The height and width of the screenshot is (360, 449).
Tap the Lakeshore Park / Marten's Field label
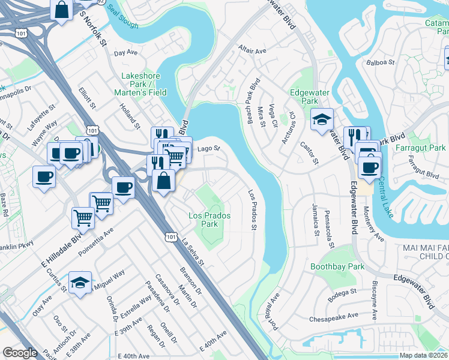[143, 85]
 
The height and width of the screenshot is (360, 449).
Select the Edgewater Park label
[312, 97]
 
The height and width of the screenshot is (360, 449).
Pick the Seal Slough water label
[123, 22]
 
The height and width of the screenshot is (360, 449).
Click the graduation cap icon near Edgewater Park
[322, 119]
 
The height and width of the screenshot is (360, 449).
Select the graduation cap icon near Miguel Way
[80, 282]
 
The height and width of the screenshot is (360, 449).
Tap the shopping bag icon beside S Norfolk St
[62, 10]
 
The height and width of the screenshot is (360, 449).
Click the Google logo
[20, 353]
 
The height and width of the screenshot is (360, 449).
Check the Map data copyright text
[421, 355]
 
